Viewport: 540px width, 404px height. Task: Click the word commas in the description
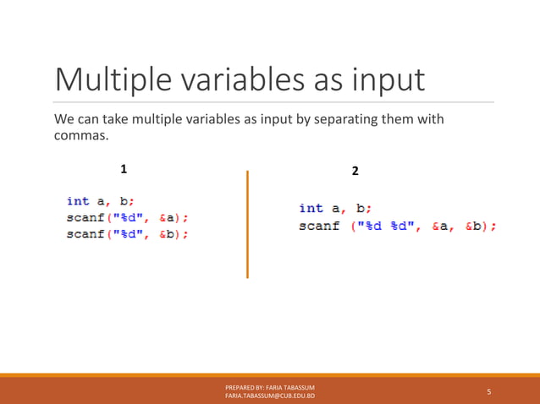coord(80,136)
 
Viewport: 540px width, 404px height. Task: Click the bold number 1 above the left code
coord(124,169)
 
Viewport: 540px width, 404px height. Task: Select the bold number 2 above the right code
coord(355,171)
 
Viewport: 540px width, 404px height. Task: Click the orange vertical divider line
coord(247,224)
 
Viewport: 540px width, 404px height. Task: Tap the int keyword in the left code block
coord(78,200)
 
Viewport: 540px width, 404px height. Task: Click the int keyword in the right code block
coord(311,208)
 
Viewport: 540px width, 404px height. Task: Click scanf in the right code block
coord(319,226)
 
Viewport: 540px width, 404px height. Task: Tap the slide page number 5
coord(488,391)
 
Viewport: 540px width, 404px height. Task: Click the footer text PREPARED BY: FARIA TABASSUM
coord(270,387)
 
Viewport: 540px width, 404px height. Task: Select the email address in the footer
coord(270,396)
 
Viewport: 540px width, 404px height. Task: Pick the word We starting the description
coord(63,119)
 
